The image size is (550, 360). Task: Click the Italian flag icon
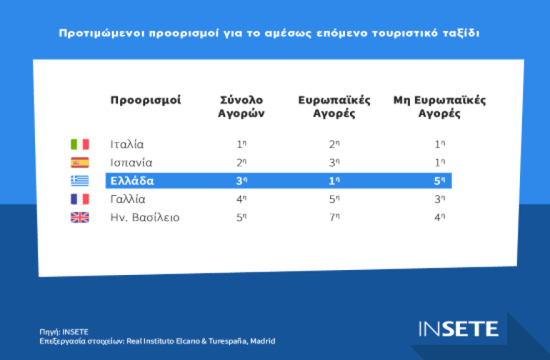click(79, 144)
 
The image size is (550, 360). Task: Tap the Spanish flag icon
click(79, 163)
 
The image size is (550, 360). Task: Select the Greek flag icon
click(79, 181)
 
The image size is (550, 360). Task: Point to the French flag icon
click(79, 200)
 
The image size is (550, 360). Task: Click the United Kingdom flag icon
click(79, 217)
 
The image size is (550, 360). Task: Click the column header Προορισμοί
click(146, 100)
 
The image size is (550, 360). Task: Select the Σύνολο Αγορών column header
click(241, 107)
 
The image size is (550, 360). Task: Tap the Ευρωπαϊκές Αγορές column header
click(334, 107)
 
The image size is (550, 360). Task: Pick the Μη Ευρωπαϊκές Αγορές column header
click(439, 107)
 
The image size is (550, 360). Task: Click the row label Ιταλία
click(127, 144)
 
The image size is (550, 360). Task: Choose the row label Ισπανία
click(132, 163)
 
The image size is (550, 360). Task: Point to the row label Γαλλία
click(128, 200)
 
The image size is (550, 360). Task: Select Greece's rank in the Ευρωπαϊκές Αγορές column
click(334, 181)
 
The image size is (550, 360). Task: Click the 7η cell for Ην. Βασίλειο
click(334, 217)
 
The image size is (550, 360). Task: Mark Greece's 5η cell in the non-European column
click(440, 181)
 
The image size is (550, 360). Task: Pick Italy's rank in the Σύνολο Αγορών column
click(241, 144)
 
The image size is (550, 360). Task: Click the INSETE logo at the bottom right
click(458, 329)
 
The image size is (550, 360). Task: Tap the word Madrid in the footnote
click(262, 341)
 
